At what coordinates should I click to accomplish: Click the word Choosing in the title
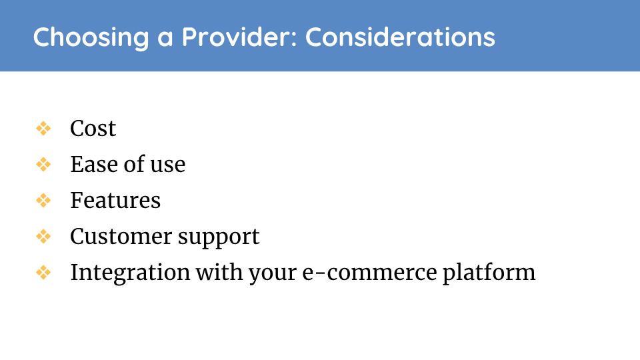pyautogui.click(x=91, y=37)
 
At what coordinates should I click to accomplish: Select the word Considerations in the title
pyautogui.click(x=400, y=37)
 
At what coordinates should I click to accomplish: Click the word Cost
pyautogui.click(x=93, y=129)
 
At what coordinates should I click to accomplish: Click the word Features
pyautogui.click(x=115, y=201)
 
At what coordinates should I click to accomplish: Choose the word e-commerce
pyautogui.click(x=369, y=273)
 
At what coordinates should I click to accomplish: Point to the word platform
pyautogui.click(x=489, y=273)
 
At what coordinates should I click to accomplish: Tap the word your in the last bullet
pyautogui.click(x=272, y=275)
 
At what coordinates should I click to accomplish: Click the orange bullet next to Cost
pyautogui.click(x=43, y=129)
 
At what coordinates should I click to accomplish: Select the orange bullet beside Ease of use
pyautogui.click(x=43, y=165)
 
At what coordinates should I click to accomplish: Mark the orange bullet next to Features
pyautogui.click(x=43, y=201)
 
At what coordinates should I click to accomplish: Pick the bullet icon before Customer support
pyautogui.click(x=43, y=236)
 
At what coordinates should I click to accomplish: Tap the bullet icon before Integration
pyautogui.click(x=43, y=272)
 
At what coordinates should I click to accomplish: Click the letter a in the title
pyautogui.click(x=165, y=39)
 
